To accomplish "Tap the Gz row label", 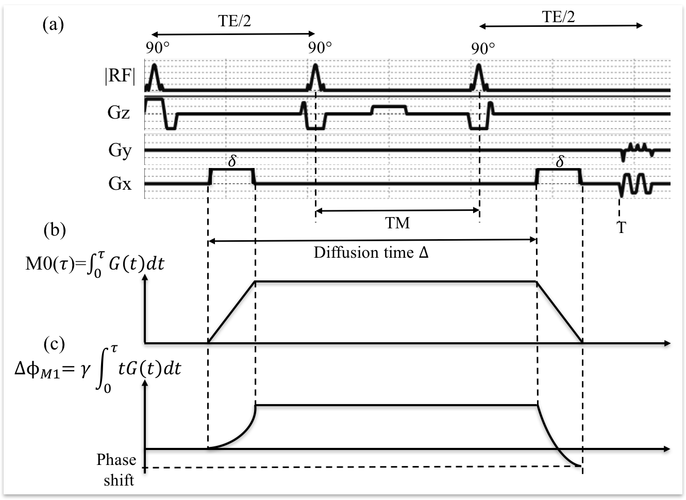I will click(119, 113).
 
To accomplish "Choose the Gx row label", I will click(120, 183).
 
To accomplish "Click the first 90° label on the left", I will click(157, 48).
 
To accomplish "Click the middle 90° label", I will click(320, 48).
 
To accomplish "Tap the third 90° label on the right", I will click(483, 48).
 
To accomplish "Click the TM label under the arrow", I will click(397, 223).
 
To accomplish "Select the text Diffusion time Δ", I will click(371, 253).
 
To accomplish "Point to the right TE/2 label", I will click(559, 17).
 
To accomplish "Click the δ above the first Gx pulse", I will click(232, 161).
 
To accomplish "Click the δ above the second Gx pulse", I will click(560, 161).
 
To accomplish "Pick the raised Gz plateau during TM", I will click(389, 107).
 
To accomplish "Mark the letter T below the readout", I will click(622, 227).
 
